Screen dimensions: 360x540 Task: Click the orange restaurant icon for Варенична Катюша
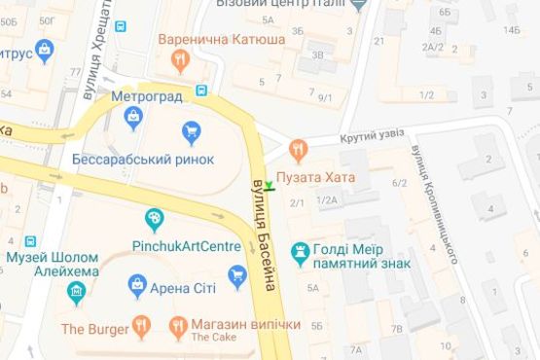(179, 61)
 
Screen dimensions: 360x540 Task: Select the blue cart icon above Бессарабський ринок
(192, 131)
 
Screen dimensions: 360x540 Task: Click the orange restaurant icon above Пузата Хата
(297, 150)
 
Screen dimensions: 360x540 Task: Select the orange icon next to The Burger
(142, 326)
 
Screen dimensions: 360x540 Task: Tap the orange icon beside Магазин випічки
(177, 326)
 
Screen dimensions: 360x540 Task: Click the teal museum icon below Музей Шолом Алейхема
(76, 291)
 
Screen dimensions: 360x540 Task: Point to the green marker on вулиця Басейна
(270, 185)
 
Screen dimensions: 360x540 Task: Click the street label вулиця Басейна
(265, 234)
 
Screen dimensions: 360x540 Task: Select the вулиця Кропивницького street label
(434, 204)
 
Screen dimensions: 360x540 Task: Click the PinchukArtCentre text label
(186, 246)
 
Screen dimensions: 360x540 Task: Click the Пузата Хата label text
(315, 178)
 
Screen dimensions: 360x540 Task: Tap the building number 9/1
(325, 97)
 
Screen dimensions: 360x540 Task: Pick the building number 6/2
(399, 183)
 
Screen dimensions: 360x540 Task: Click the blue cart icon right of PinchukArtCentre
(236, 276)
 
